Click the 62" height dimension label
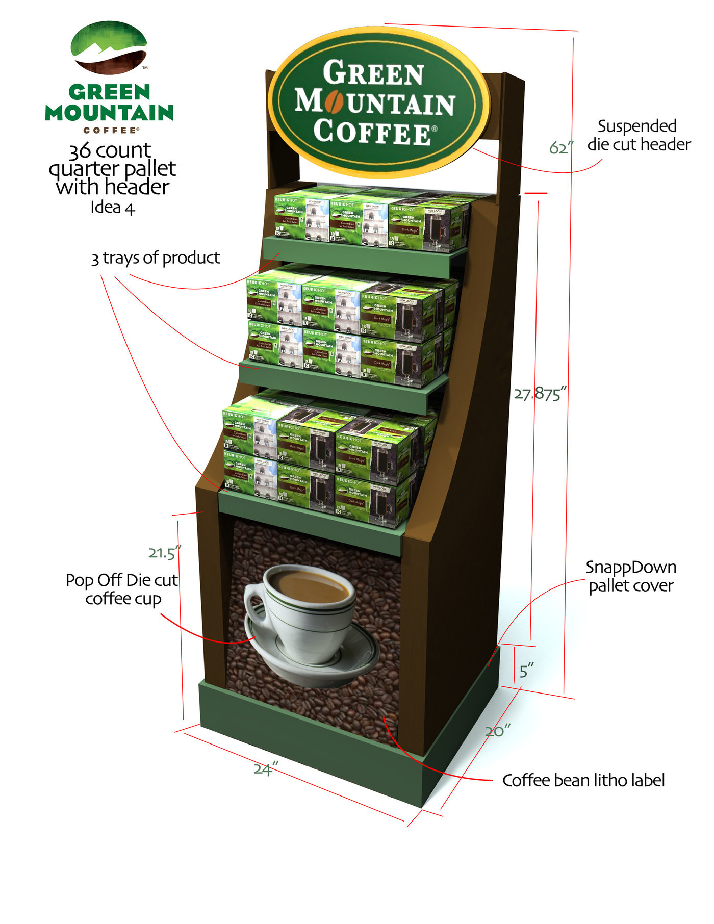[x=561, y=147]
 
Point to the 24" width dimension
[x=266, y=768]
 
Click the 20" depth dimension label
[x=497, y=731]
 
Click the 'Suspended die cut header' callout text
[x=639, y=135]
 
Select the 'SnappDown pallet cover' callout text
[x=631, y=576]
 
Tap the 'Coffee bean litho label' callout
[x=583, y=780]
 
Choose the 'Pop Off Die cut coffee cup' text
[x=122, y=589]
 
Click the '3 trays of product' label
[x=156, y=258]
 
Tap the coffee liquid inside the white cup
[x=309, y=586]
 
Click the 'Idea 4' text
[x=113, y=208]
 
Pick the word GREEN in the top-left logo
[x=110, y=92]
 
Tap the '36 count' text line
[x=110, y=150]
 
